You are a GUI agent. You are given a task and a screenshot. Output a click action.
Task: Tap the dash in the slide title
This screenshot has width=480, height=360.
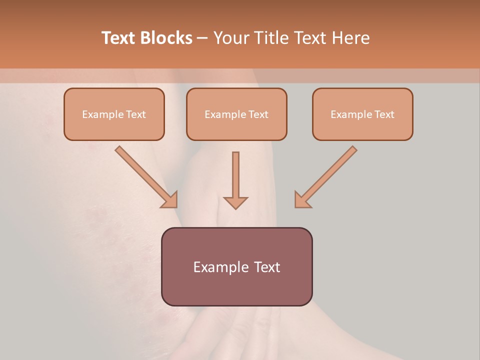(x=202, y=38)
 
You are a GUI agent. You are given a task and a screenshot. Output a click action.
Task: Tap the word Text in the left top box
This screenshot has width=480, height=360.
(x=136, y=114)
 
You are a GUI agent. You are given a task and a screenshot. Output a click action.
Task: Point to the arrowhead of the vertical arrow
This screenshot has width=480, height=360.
(x=235, y=202)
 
